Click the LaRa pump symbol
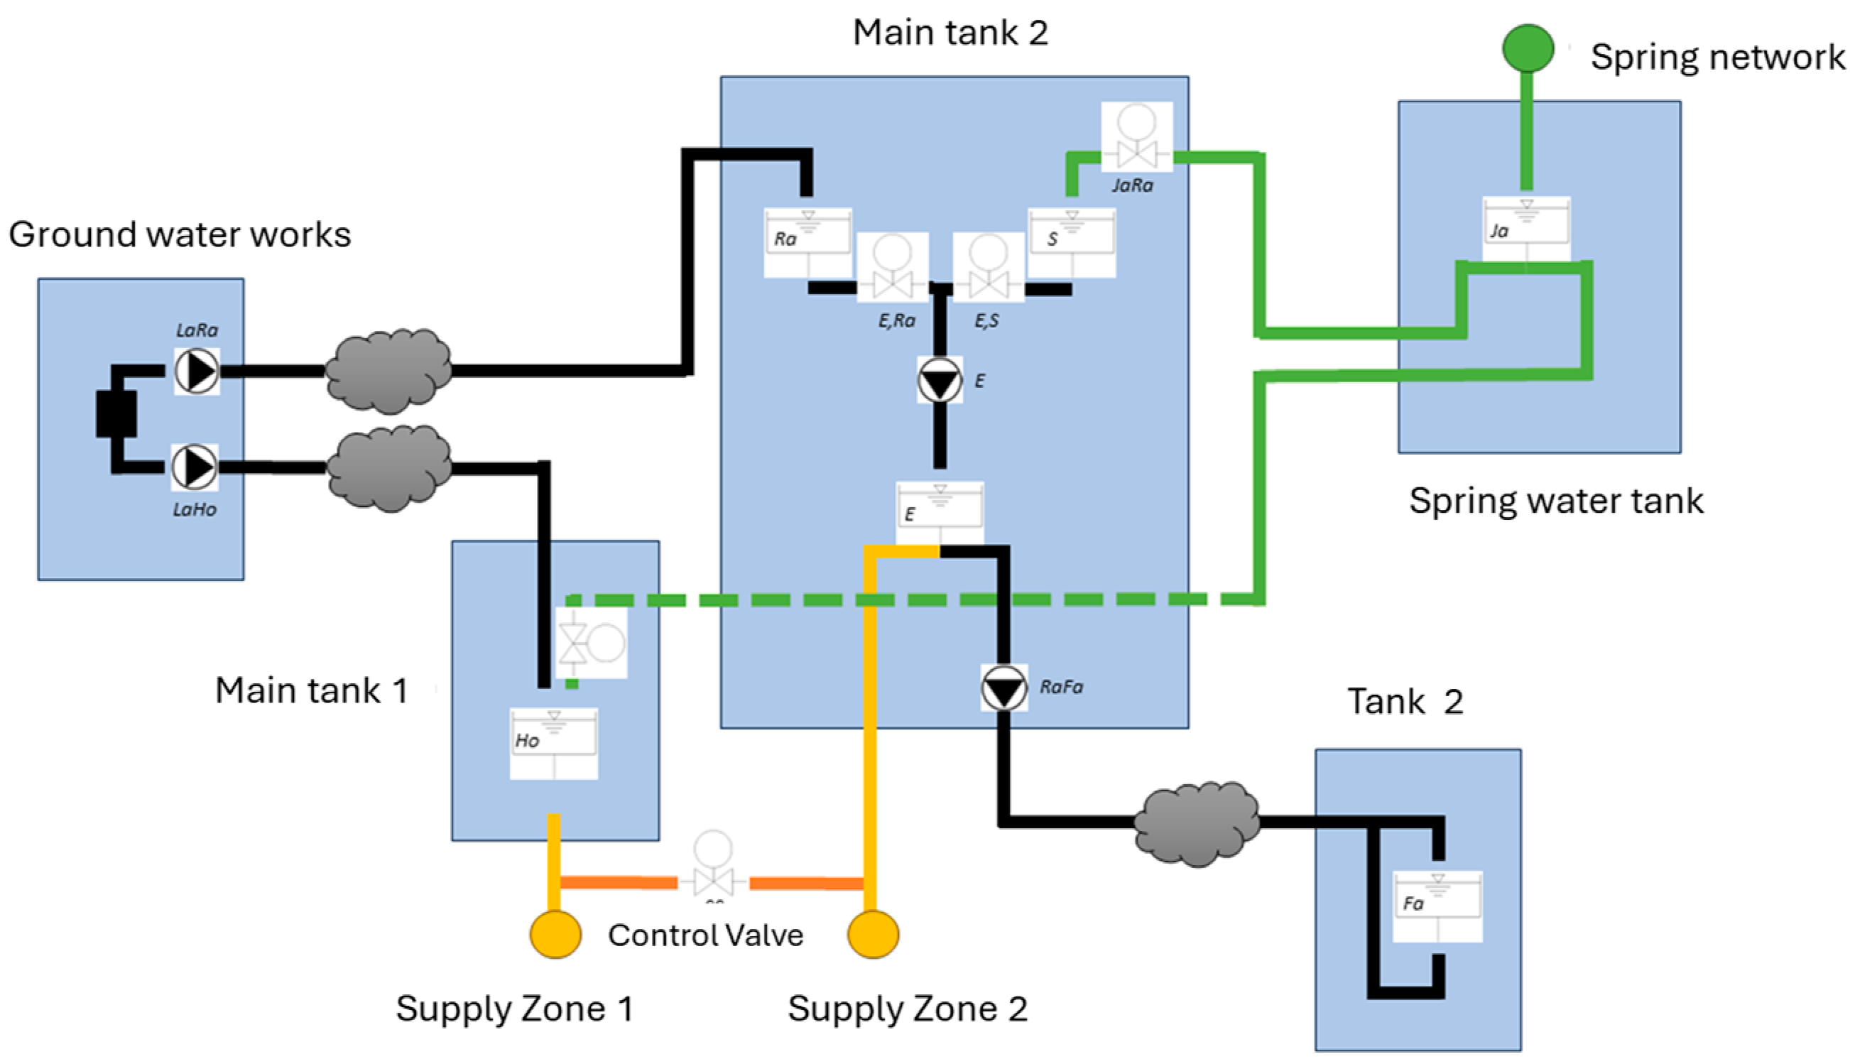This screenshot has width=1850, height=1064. (x=197, y=371)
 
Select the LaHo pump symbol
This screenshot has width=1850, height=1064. (x=195, y=467)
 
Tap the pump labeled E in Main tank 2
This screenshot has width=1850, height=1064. (x=940, y=380)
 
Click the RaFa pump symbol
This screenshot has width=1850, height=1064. (x=1004, y=688)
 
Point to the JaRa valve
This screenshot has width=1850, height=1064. (x=1137, y=137)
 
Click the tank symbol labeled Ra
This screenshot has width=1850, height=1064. (x=808, y=243)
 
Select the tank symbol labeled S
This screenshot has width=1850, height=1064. (x=1072, y=243)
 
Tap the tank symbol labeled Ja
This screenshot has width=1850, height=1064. (x=1526, y=229)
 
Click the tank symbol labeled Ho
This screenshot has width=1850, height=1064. (x=554, y=743)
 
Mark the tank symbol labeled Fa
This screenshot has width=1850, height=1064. (x=1438, y=906)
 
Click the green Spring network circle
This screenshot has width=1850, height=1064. (x=1528, y=48)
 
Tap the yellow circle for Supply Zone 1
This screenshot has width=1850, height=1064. (x=555, y=934)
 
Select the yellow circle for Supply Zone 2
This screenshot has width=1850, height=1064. (x=873, y=934)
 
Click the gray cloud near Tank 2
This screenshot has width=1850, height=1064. (x=1197, y=824)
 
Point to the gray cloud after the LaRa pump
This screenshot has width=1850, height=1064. (x=388, y=371)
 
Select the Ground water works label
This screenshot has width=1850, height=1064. (x=180, y=235)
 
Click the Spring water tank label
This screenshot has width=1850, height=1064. (x=1556, y=501)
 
